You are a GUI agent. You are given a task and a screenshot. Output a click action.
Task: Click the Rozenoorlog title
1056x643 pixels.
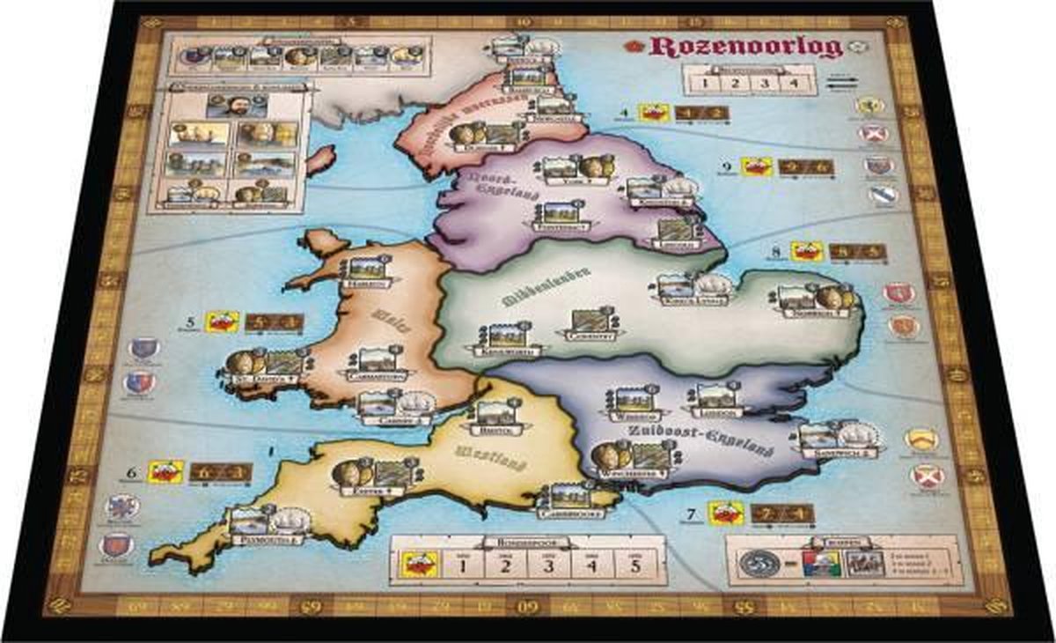[x=745, y=47]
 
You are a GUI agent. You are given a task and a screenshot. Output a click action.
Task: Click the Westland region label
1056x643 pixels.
[x=483, y=459]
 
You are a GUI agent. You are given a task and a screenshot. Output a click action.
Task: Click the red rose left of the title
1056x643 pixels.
[x=637, y=44]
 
